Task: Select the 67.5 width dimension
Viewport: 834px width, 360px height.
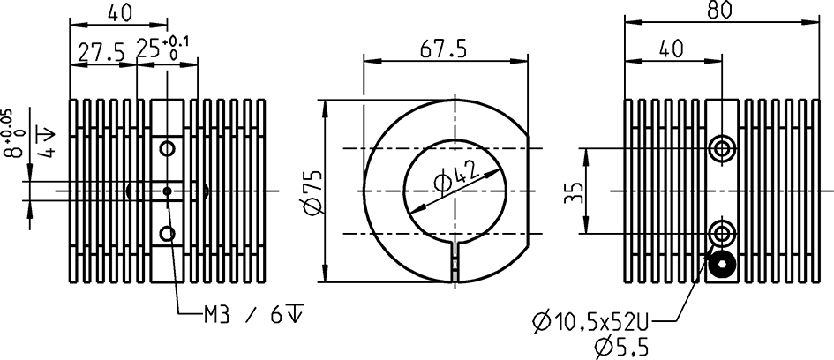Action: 443,50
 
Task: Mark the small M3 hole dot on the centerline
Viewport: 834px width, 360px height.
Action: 167,190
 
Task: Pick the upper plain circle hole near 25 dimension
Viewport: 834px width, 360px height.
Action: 167,147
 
